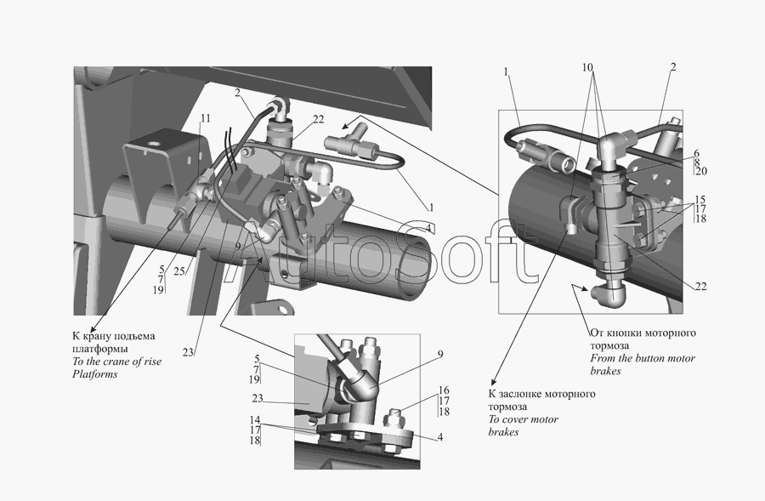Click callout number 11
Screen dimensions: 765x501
206,119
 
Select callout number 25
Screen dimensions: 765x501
179,271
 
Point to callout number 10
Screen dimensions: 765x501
587,67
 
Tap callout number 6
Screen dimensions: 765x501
696,153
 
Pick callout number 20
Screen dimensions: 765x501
701,171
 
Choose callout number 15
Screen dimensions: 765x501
700,200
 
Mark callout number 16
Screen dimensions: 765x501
444,390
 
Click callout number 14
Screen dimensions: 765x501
255,420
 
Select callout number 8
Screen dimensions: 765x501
696,162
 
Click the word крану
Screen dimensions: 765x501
97,337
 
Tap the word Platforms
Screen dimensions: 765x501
94,374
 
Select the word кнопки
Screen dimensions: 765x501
626,333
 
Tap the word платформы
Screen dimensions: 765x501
100,349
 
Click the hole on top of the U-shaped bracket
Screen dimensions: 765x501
156,145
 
